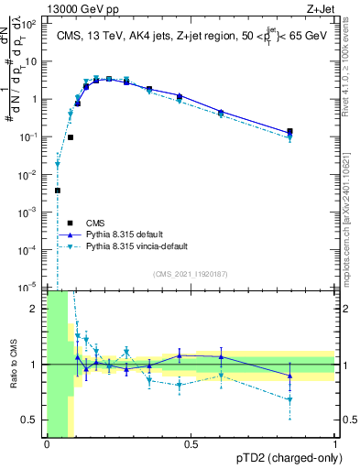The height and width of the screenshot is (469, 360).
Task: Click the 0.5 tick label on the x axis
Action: [191, 444]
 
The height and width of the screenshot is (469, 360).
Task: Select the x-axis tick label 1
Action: [335, 444]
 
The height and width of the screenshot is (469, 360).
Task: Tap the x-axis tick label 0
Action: [47, 444]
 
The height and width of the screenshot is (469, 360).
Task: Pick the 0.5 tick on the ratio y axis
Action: [32, 420]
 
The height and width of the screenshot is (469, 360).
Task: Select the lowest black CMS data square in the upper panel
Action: [57, 191]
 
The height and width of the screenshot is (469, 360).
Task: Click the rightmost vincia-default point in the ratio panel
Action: [290, 399]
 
